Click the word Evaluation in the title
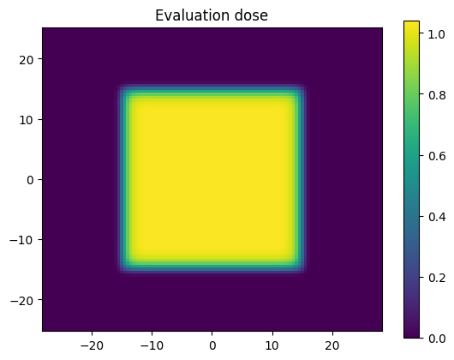[193, 15]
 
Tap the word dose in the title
[251, 15]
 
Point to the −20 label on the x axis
[92, 345]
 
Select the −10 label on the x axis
[152, 345]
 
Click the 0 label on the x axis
[212, 345]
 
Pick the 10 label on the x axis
[272, 345]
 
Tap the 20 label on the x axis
[332, 345]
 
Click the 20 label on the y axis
[27, 60]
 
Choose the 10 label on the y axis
[27, 120]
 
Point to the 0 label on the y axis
[30, 180]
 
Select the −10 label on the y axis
[21, 240]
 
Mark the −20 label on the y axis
[21, 300]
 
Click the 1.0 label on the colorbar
[437, 34]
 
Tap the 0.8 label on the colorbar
[437, 95]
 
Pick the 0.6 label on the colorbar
[437, 156]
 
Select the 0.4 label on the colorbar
[437, 217]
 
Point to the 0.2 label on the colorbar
[437, 278]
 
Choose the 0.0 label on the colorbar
[437, 339]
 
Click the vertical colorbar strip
[411, 179]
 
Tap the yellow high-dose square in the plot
[212, 179]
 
